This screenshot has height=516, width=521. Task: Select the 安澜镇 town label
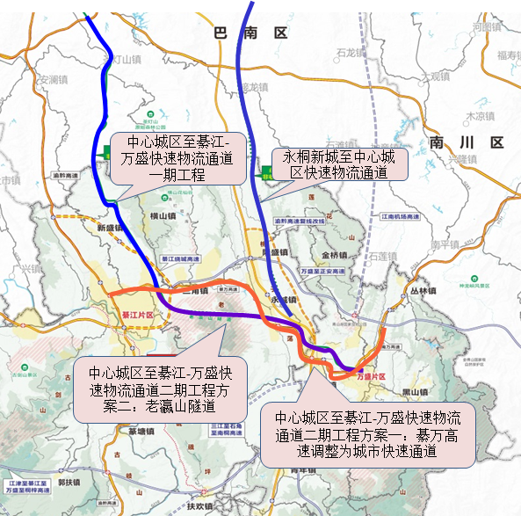click(x=54, y=79)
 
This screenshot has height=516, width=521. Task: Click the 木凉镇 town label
click(x=481, y=115)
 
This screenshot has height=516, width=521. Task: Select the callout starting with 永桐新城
click(x=337, y=164)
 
